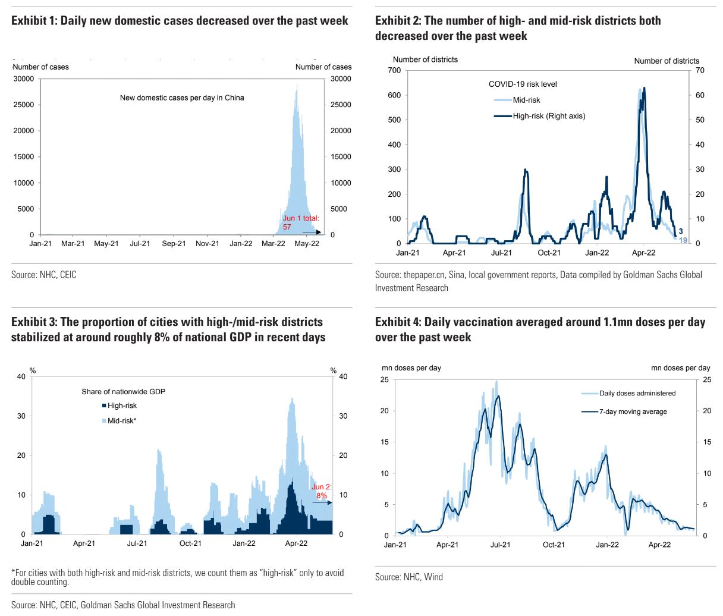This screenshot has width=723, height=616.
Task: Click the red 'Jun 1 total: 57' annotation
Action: (301, 223)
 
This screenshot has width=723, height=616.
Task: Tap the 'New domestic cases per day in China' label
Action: (182, 98)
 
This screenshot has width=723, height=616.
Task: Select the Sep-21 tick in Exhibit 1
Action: (174, 244)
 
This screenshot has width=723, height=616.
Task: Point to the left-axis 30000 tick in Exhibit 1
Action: (24, 78)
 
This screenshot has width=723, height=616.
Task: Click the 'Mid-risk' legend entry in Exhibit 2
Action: (526, 100)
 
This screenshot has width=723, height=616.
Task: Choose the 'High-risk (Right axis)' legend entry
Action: (549, 116)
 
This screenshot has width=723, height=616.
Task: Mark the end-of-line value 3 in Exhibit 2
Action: (681, 231)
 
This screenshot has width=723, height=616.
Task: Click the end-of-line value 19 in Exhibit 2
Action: (683, 240)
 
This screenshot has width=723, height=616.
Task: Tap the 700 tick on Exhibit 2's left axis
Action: (394, 70)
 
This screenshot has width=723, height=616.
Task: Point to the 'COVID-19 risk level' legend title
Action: (523, 84)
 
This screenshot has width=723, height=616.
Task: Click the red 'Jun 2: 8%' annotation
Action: (322, 491)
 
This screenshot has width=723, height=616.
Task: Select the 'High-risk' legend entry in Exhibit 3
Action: (122, 406)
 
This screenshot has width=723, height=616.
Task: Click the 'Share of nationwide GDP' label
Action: (123, 392)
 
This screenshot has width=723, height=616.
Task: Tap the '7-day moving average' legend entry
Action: (632, 411)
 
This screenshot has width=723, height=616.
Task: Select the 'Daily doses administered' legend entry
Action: (637, 393)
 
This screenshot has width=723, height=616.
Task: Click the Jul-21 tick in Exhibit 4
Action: (500, 545)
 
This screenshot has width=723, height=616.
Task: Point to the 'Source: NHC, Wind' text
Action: (408, 577)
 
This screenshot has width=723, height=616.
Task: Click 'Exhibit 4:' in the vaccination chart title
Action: (398, 322)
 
